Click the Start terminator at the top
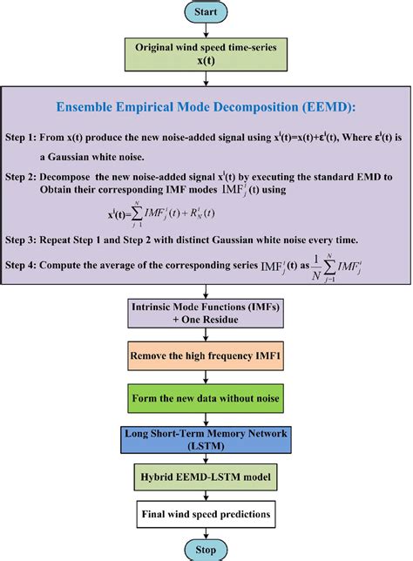[x=206, y=12]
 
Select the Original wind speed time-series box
[x=206, y=56]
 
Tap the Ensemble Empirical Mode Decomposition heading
[x=206, y=108]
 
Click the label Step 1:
[x=32, y=138]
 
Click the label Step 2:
[x=32, y=177]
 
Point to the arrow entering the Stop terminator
[x=206, y=532]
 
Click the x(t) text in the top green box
[x=206, y=64]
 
